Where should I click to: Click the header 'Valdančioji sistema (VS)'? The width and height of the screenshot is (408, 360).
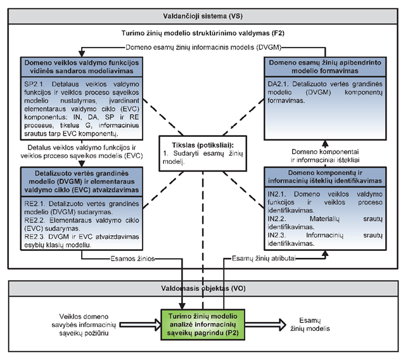(x=204, y=15)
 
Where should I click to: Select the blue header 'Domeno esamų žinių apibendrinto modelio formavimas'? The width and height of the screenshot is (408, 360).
(x=324, y=68)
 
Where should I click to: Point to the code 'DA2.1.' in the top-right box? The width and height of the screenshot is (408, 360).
(x=277, y=83)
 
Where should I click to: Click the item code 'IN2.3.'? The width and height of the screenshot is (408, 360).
(x=277, y=233)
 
